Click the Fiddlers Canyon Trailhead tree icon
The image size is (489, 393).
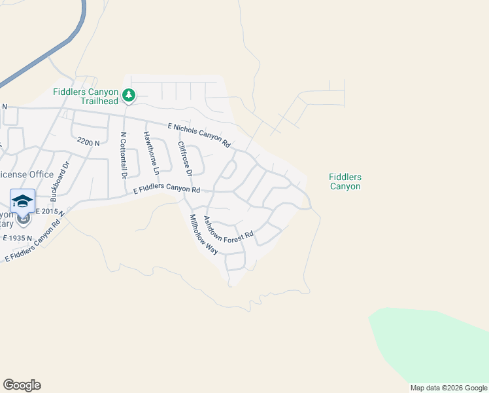pyautogui.click(x=129, y=96)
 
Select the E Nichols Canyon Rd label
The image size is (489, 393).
pyautogui.click(x=199, y=134)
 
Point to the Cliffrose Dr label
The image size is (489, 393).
pyautogui.click(x=184, y=159)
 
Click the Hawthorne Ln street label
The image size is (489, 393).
pyautogui.click(x=152, y=153)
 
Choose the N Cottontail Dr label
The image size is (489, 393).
pyautogui.click(x=123, y=156)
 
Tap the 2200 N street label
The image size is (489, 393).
pyautogui.click(x=88, y=141)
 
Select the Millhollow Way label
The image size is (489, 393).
pyautogui.click(x=203, y=234)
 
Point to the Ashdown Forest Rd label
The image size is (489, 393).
pyautogui.click(x=228, y=231)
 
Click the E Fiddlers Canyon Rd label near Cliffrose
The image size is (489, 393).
pyautogui.click(x=166, y=190)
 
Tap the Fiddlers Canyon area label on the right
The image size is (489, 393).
pyautogui.click(x=345, y=181)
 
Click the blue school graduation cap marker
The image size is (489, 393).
pyautogui.click(x=22, y=200)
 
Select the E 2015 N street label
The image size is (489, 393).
pyautogui.click(x=49, y=212)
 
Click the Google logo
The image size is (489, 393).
pyautogui.click(x=22, y=385)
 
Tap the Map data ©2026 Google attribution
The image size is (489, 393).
pyautogui.click(x=448, y=388)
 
